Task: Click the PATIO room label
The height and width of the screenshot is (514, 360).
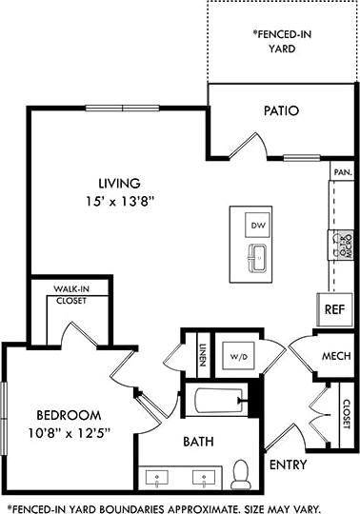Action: [282, 110]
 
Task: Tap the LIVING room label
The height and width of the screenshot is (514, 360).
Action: [120, 183]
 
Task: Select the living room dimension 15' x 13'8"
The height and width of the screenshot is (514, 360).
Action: [120, 201]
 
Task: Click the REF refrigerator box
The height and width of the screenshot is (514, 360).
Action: [334, 308]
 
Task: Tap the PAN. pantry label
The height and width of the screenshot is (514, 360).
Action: [342, 172]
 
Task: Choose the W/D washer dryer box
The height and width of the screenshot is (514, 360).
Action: [236, 358]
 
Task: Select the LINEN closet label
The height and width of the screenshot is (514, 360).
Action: [202, 352]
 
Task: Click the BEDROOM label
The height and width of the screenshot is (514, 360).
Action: [68, 415]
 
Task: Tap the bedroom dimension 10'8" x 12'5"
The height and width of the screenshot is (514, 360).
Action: [68, 433]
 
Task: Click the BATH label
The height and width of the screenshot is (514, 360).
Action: [198, 443]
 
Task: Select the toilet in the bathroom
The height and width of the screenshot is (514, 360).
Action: [242, 472]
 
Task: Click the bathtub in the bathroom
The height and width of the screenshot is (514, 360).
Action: [215, 403]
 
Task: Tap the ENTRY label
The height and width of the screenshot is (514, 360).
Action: [288, 465]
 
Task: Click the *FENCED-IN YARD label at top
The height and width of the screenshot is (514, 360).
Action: [282, 39]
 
